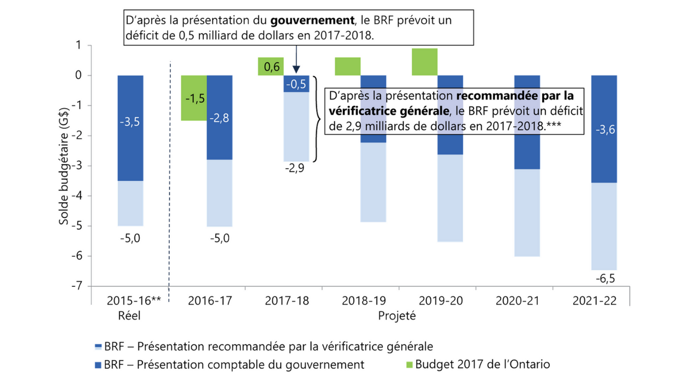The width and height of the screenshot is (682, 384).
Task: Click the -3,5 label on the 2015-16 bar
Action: pyautogui.click(x=130, y=122)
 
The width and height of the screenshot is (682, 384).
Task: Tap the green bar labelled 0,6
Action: pyautogui.click(x=270, y=67)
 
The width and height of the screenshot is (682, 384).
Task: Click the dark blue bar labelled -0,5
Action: pyautogui.click(x=296, y=84)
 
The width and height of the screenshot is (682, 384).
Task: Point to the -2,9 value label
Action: pyautogui.click(x=296, y=168)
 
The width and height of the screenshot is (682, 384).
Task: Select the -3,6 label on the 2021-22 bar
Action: pyautogui.click(x=604, y=131)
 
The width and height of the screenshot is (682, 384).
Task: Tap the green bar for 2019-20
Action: pyautogui.click(x=424, y=62)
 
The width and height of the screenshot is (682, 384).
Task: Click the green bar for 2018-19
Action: pyautogui.click(x=348, y=66)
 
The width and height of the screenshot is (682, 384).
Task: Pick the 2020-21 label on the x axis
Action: pyautogui.click(x=514, y=300)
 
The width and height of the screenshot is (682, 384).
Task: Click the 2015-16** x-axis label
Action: pyautogui.click(x=133, y=300)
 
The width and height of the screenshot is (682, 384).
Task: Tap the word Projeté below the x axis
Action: pyautogui.click(x=396, y=315)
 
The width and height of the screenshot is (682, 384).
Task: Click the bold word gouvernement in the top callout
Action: pyautogui.click(x=311, y=20)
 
